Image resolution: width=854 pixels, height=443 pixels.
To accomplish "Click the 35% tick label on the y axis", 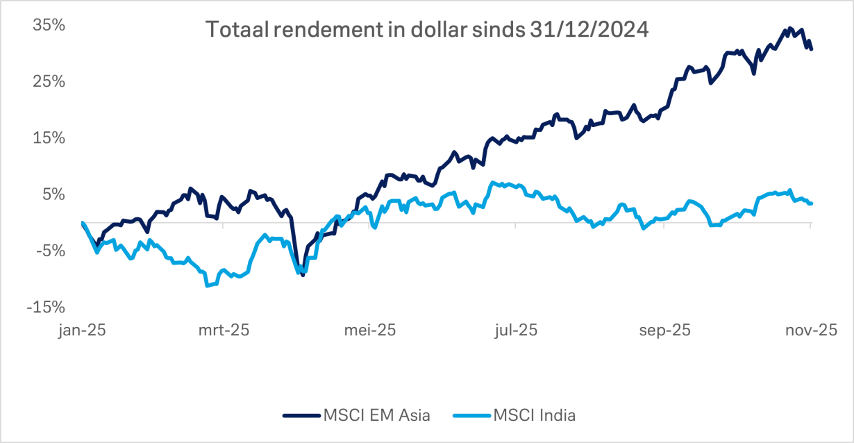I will [x=49, y=25].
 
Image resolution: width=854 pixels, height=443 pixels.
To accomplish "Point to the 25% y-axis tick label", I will [x=49, y=81].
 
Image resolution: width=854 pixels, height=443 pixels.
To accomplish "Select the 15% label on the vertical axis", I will [x=49, y=137].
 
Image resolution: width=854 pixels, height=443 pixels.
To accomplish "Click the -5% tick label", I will [x=51, y=251].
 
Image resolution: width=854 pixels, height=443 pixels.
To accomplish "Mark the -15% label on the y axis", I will [x=47, y=307].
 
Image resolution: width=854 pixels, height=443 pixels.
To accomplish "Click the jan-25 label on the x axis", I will [x=82, y=331].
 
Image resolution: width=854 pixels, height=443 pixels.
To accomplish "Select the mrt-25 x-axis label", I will [x=224, y=331].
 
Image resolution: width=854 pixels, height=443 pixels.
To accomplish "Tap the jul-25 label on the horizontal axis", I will [x=515, y=331].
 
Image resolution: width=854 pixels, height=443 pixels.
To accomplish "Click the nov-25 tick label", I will [x=809, y=331].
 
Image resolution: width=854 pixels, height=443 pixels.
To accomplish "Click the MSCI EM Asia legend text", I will [x=376, y=415].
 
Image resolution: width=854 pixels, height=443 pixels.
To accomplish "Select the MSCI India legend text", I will [x=535, y=415].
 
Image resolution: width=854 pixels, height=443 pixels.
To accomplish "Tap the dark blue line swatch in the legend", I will [x=301, y=415].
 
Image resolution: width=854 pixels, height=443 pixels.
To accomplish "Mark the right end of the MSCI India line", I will [x=812, y=203].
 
